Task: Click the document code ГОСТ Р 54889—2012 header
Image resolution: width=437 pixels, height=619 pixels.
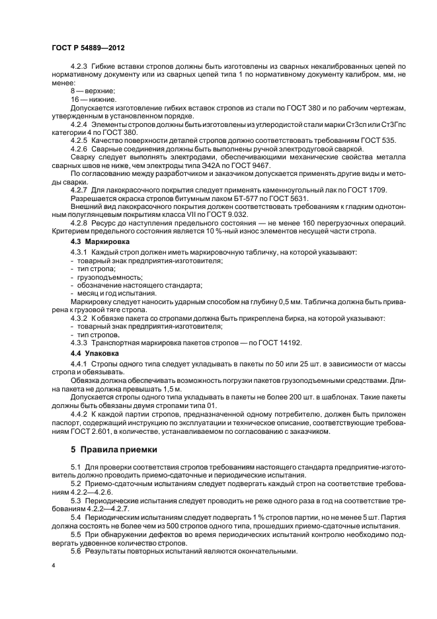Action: pyautogui.click(x=89, y=49)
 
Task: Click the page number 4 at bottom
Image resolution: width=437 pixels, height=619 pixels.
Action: pyautogui.click(x=54, y=565)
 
